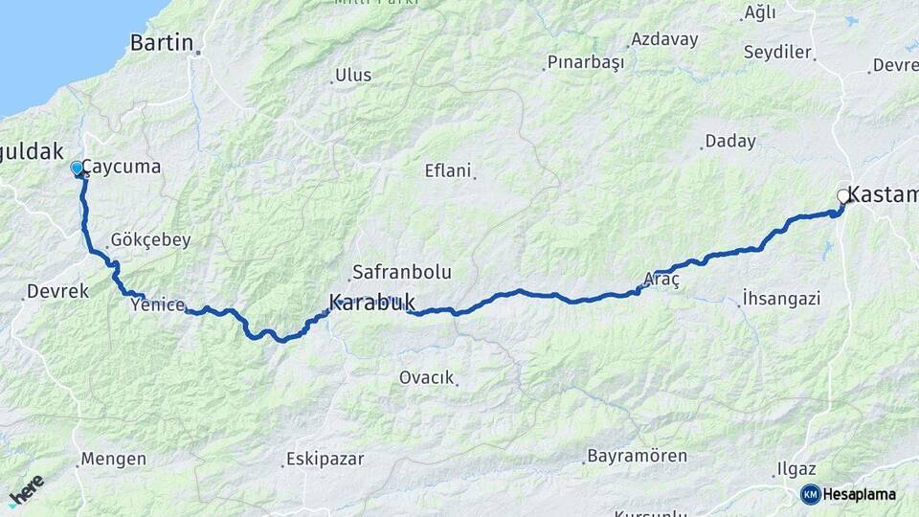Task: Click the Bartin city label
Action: [x=161, y=42]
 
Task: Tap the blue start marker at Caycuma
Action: [x=77, y=169]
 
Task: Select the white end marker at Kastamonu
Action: [x=843, y=196]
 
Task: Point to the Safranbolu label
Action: [x=401, y=272]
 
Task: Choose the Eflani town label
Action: [x=448, y=171]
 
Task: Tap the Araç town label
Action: [x=661, y=280]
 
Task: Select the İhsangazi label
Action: [x=781, y=299]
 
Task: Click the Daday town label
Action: [x=729, y=142]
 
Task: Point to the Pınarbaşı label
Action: [x=585, y=63]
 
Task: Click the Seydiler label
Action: [x=778, y=53]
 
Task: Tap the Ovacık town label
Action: [x=426, y=378]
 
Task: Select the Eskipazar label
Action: [x=325, y=460]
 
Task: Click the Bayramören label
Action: [x=637, y=455]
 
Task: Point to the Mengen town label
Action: [x=113, y=460]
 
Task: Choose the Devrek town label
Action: [x=58, y=290]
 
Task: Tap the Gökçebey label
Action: [x=150, y=240]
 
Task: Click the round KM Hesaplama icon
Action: [x=811, y=494]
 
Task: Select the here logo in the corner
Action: [x=26, y=491]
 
